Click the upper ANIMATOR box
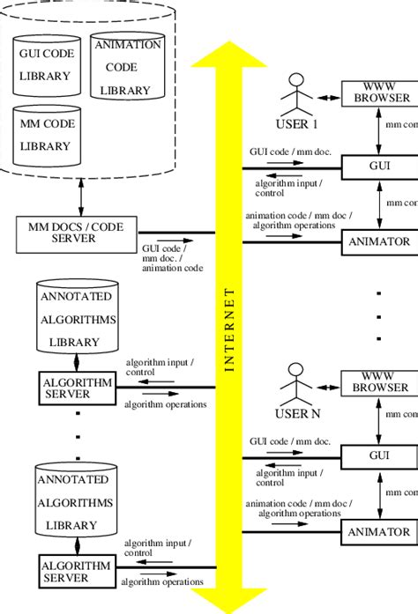coord(379,240)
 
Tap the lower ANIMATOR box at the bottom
coord(379,531)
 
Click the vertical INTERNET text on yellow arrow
coord(229,331)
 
